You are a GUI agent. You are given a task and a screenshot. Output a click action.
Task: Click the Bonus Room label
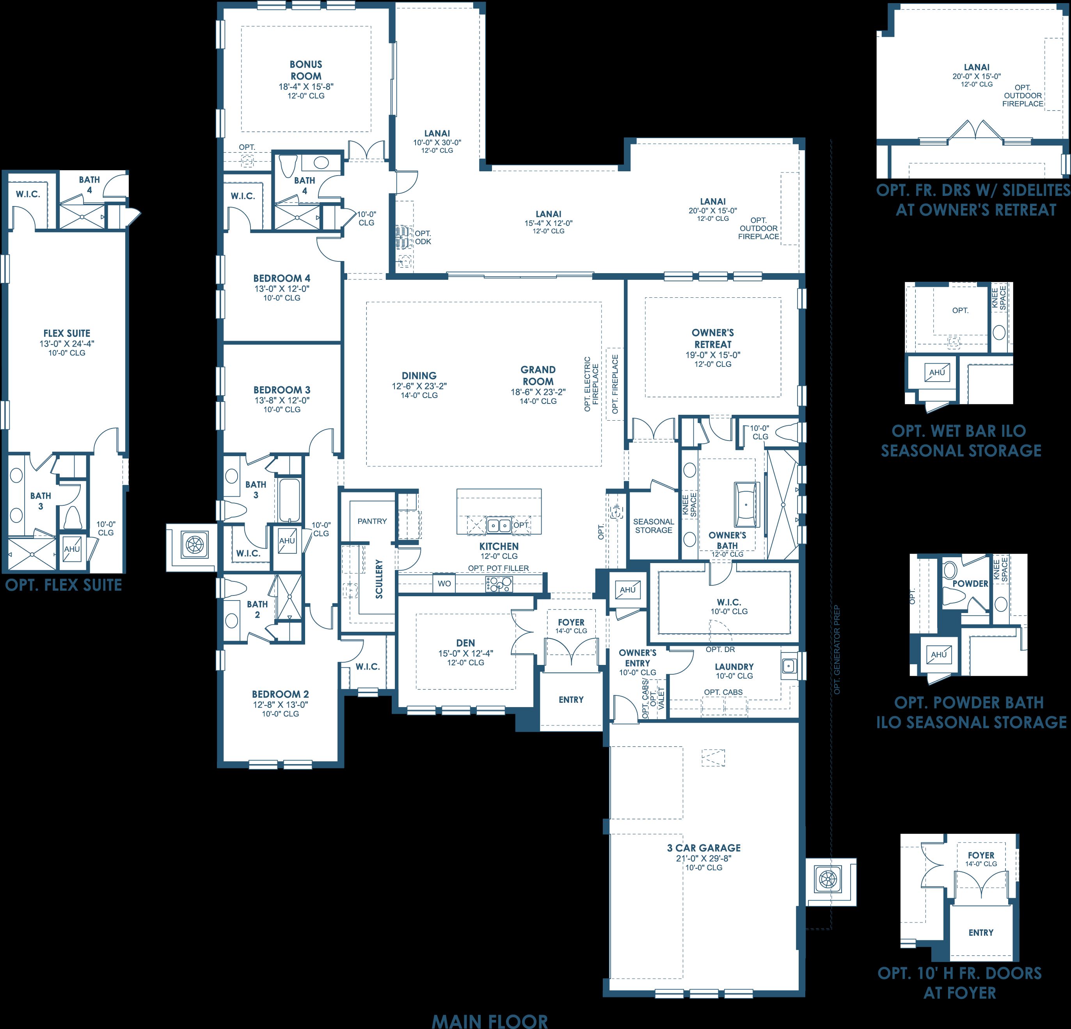306,70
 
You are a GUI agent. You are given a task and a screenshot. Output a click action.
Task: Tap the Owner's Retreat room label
712,338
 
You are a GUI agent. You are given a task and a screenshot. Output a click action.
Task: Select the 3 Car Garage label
704,848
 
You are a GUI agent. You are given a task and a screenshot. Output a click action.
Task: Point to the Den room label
465,643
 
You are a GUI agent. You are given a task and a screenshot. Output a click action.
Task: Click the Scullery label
379,579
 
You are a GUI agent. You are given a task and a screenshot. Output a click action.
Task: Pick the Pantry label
372,521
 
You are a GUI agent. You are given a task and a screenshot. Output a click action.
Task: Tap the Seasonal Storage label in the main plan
654,526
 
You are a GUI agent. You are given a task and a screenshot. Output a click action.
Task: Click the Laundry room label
734,667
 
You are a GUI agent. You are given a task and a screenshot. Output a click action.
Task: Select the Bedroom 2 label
280,694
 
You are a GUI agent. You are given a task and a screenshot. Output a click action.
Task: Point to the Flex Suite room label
67,333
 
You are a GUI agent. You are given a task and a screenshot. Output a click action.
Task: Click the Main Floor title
490,1021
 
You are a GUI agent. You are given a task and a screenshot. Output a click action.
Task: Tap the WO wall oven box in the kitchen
444,584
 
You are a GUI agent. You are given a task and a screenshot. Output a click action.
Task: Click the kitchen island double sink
499,525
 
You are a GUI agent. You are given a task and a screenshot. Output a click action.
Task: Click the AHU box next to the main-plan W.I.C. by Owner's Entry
628,590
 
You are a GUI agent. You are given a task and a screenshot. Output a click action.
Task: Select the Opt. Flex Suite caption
64,585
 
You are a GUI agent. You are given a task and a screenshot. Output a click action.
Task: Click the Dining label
419,375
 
